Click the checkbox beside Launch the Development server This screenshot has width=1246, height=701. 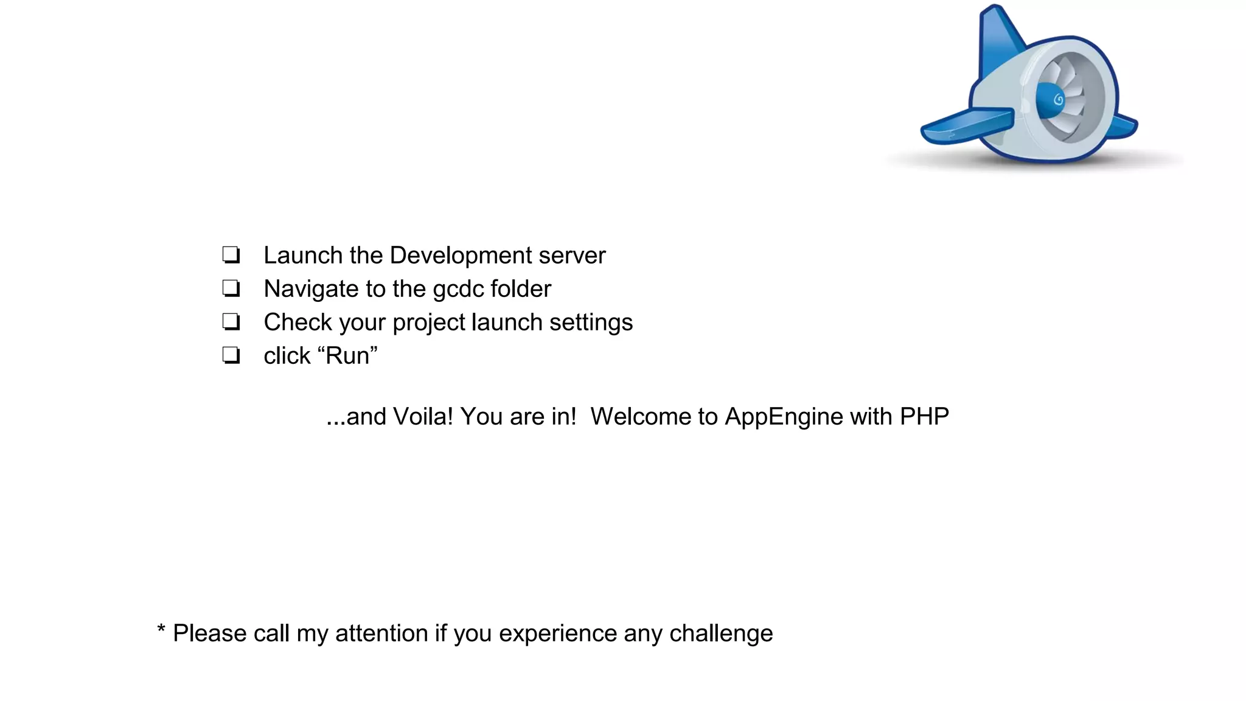[231, 255]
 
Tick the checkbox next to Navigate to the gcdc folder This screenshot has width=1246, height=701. [231, 288]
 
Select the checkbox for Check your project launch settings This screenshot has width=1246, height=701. [231, 322]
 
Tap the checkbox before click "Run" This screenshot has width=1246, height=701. [231, 355]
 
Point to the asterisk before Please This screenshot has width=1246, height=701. [161, 629]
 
